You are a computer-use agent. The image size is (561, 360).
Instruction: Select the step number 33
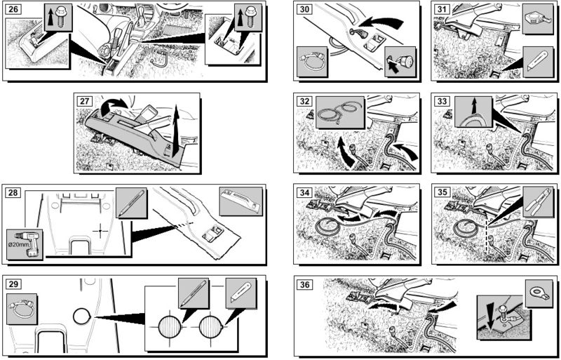pos(443,101)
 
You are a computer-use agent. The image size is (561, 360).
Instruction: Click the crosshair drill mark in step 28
pos(101,229)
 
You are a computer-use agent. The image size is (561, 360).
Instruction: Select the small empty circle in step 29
pos(81,317)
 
